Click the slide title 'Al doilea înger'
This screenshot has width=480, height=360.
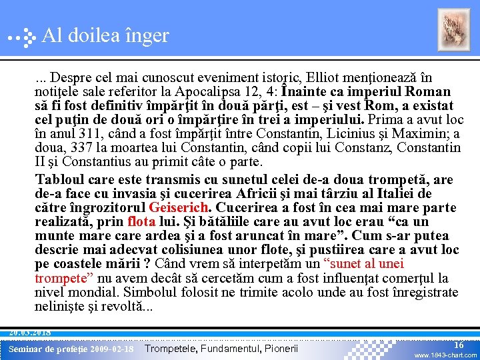coord(105,35)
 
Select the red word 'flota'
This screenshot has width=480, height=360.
coord(141,221)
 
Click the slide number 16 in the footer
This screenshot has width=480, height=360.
coord(458,344)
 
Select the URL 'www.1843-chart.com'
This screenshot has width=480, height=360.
coord(445,355)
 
